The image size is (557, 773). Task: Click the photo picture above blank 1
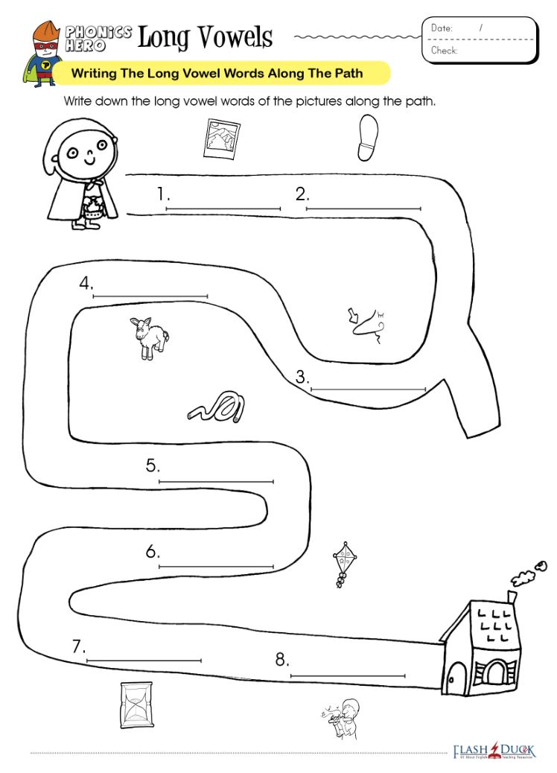pyautogui.click(x=221, y=139)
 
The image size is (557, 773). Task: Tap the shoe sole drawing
pyautogui.click(x=368, y=138)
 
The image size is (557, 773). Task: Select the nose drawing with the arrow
pyautogui.click(x=366, y=325)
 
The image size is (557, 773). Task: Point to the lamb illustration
pyautogui.click(x=149, y=337)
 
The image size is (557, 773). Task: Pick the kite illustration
pyautogui.click(x=344, y=565)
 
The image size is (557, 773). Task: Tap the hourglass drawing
pyautogui.click(x=136, y=705)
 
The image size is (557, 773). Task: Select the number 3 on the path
pyautogui.click(x=302, y=377)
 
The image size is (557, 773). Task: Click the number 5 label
pyautogui.click(x=152, y=465)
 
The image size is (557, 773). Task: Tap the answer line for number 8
pyautogui.click(x=348, y=675)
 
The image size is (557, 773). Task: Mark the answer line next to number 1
pyautogui.click(x=223, y=209)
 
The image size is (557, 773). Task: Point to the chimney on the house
pyautogui.click(x=512, y=597)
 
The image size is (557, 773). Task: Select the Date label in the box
pyautogui.click(x=442, y=28)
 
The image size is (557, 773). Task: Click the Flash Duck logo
pyautogui.click(x=494, y=751)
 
